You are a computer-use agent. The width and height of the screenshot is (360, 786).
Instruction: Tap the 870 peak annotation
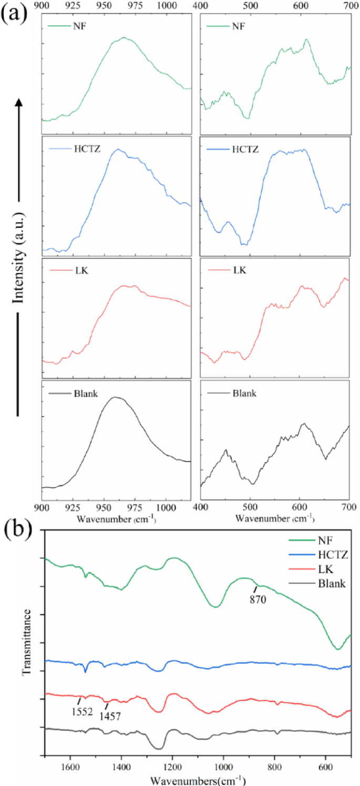click(x=259, y=598)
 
